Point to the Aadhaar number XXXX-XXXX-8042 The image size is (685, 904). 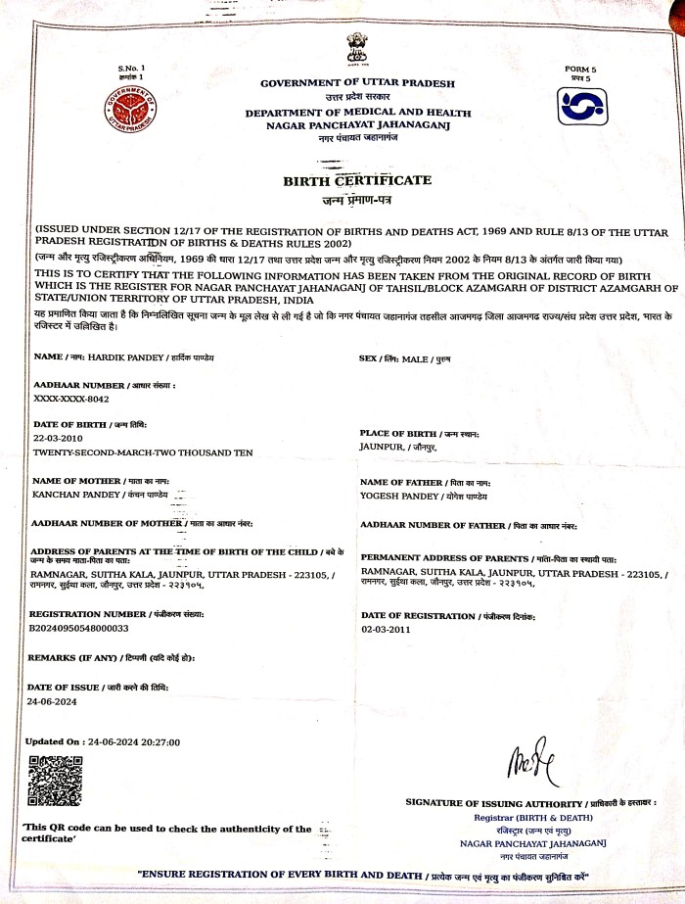point(71,400)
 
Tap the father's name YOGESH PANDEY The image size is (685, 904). point(398,496)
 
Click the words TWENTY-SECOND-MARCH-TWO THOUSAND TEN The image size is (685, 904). point(143,452)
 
